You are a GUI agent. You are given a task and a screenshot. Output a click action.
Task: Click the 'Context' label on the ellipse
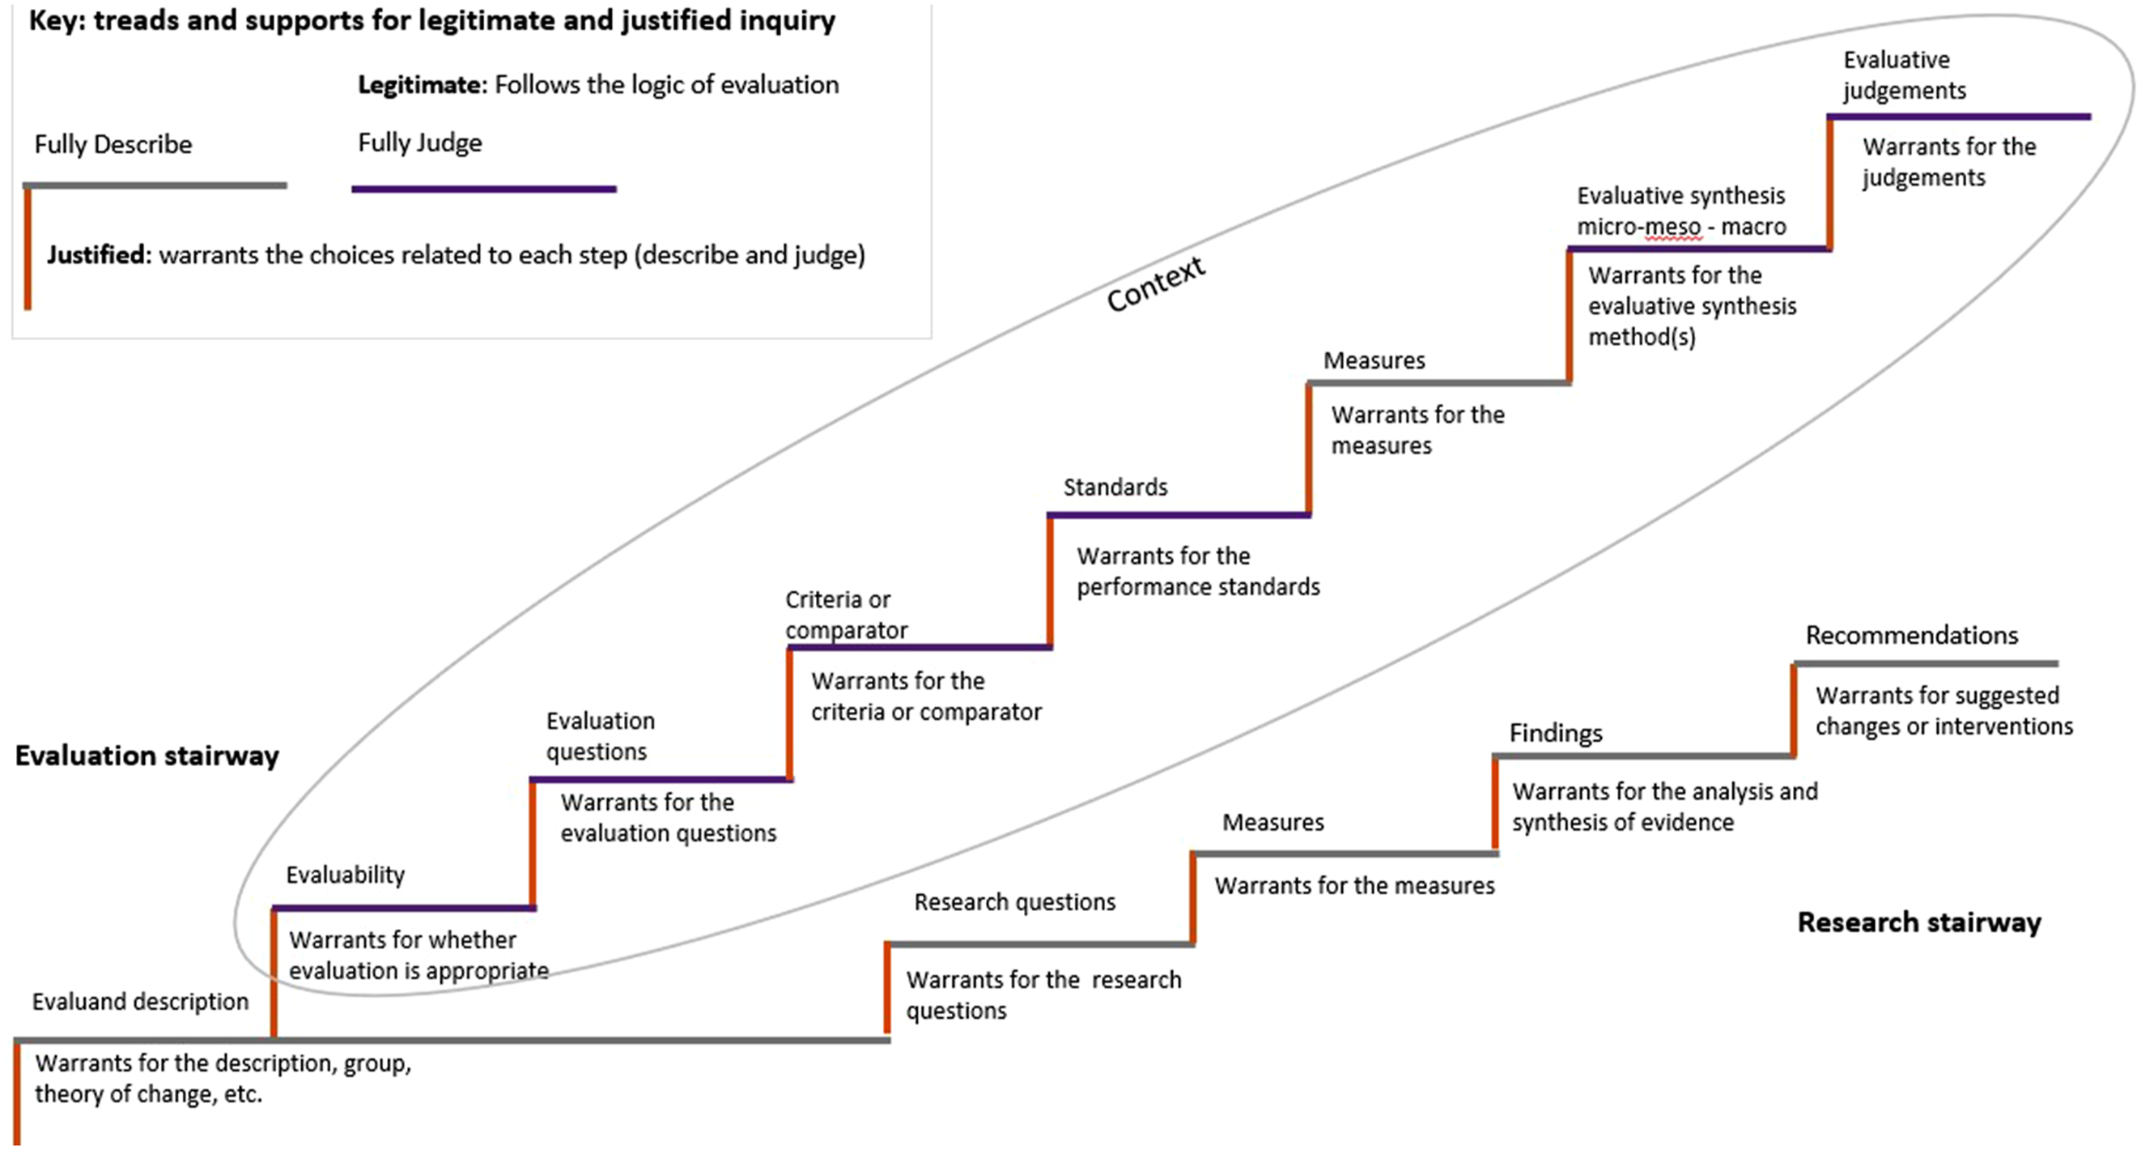(1156, 283)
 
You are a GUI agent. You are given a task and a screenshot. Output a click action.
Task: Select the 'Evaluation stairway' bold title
(147, 756)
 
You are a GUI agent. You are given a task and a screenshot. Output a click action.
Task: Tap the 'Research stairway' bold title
(1919, 922)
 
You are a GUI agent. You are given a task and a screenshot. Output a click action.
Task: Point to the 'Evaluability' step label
(346, 875)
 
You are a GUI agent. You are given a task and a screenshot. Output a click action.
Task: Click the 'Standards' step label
(1115, 488)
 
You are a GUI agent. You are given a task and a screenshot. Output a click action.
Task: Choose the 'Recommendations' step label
(1912, 635)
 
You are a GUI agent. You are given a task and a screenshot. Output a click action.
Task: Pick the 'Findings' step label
(1556, 734)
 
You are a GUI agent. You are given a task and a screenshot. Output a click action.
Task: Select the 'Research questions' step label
(1015, 902)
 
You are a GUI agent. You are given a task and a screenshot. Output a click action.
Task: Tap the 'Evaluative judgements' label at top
(1904, 75)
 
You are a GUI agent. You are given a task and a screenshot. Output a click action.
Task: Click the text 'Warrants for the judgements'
(1949, 162)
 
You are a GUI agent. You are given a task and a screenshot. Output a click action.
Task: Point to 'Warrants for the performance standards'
(1199, 571)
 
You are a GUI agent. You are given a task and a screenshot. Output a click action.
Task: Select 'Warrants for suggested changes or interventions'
(1944, 711)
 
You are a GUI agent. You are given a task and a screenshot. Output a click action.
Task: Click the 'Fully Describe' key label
(113, 145)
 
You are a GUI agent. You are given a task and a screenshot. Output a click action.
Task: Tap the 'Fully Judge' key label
(420, 143)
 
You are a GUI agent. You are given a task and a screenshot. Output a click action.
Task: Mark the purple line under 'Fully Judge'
(484, 190)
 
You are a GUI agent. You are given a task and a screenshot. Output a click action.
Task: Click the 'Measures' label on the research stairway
(1273, 822)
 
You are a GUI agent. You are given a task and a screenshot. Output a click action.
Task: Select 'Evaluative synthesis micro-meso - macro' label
(1681, 211)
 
